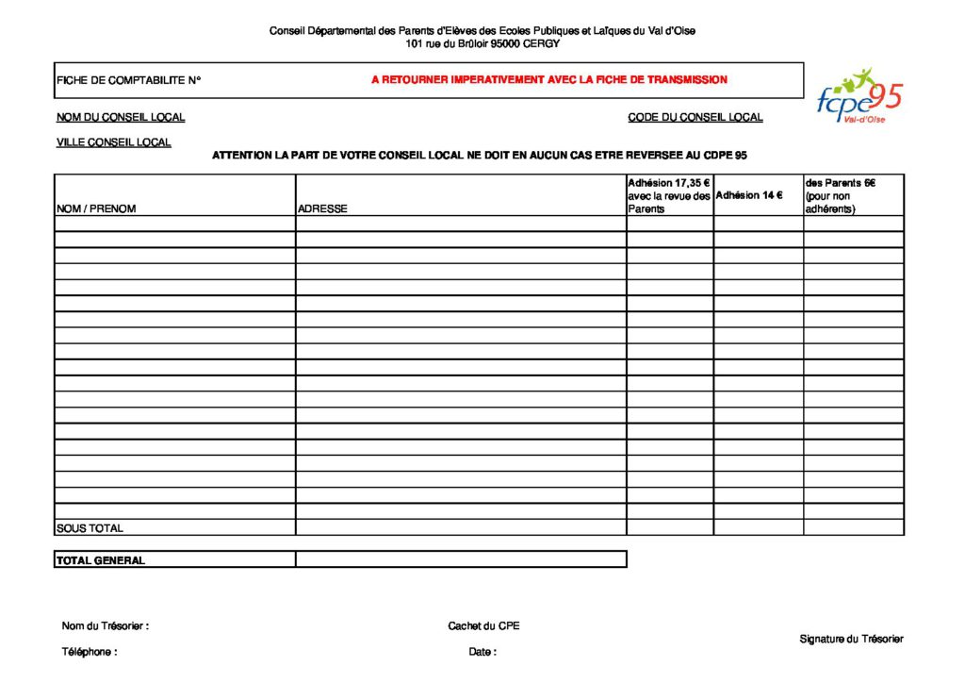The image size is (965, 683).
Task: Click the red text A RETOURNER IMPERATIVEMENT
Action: pyautogui.click(x=548, y=80)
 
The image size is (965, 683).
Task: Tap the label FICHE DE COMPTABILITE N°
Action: pyautogui.click(x=129, y=80)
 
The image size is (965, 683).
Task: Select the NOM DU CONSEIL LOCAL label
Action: pyautogui.click(x=121, y=118)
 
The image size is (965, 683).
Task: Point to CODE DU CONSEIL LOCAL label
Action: pyautogui.click(x=695, y=118)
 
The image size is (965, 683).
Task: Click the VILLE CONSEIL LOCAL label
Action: pyautogui.click(x=114, y=142)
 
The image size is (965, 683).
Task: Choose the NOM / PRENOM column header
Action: pyautogui.click(x=96, y=208)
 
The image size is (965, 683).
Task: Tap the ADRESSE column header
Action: pyautogui.click(x=322, y=208)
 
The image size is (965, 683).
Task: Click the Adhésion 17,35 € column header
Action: pyautogui.click(x=669, y=195)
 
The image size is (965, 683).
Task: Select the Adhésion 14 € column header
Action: pyautogui.click(x=749, y=195)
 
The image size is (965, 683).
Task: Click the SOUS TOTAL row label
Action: pyautogui.click(x=90, y=528)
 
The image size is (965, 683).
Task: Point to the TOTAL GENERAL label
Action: pyautogui.click(x=101, y=560)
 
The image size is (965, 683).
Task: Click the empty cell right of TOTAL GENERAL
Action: pyautogui.click(x=461, y=559)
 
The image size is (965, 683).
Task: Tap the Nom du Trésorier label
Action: pyautogui.click(x=106, y=625)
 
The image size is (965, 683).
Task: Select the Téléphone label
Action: pyautogui.click(x=90, y=652)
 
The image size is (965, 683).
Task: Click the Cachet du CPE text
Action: pyautogui.click(x=483, y=625)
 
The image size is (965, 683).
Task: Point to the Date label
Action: pyautogui.click(x=482, y=652)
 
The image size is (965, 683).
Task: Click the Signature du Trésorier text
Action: pyautogui.click(x=851, y=639)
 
